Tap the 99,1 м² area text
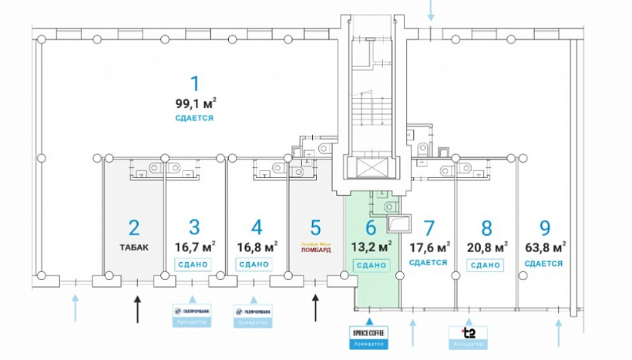[196, 103]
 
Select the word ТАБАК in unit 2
[134, 247]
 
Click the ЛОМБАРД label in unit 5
[315, 250]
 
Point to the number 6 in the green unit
[371, 227]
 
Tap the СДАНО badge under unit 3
[194, 264]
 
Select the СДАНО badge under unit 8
[486, 264]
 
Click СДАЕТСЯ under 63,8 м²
[543, 264]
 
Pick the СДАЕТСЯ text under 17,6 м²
[429, 263]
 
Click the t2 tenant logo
[468, 333]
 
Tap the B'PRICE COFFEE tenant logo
[368, 333]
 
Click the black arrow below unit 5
[315, 308]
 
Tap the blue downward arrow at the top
[431, 12]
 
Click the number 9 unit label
[545, 228]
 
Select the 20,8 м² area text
[486, 247]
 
